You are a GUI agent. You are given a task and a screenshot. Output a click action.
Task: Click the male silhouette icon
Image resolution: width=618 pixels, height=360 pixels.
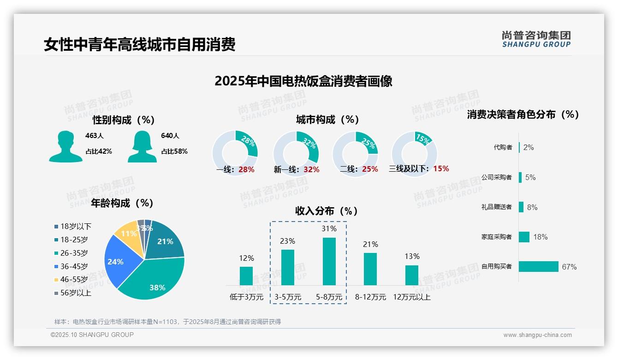[x=66, y=146]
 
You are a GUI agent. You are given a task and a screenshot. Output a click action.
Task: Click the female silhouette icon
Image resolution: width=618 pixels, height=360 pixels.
[x=142, y=146]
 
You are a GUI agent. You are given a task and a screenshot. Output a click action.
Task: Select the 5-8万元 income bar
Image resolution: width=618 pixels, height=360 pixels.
[x=329, y=261]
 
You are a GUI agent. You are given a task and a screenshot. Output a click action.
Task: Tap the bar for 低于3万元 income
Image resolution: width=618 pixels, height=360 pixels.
[x=246, y=276]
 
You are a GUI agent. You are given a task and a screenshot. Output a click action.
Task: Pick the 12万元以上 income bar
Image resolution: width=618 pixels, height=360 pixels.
[x=412, y=275]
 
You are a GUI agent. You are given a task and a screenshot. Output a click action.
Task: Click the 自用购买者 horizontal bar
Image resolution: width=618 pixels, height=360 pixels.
[x=538, y=267]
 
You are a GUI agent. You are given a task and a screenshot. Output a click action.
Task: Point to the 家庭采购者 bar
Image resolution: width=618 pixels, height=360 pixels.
[x=524, y=237]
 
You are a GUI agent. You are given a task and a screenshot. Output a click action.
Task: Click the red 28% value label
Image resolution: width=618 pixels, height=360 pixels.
[x=246, y=169]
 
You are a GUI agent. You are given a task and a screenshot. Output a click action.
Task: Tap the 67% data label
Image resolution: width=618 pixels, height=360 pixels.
[x=569, y=267]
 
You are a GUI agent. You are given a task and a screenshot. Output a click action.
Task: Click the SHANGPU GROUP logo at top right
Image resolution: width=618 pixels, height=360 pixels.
[x=536, y=39]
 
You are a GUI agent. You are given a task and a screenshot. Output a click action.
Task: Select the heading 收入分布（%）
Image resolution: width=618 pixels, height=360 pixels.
[x=327, y=211]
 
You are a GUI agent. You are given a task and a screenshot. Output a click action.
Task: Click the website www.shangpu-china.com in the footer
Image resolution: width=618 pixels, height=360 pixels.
[x=537, y=335]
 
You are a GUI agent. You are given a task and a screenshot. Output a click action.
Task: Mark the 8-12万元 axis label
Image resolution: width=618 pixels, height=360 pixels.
[x=370, y=297]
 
